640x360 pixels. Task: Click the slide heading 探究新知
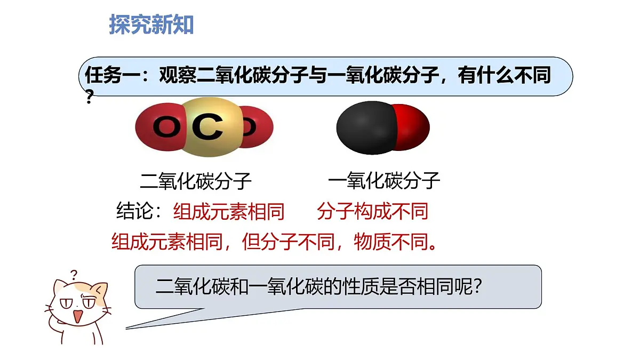(x=151, y=25)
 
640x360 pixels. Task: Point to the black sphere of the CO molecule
(x=363, y=127)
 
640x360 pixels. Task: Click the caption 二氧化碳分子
(x=195, y=181)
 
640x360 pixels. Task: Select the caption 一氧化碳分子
(x=384, y=181)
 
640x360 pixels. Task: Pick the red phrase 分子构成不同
(x=372, y=212)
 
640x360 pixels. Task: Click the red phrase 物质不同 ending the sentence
(x=395, y=243)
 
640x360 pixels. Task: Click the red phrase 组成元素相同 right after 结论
(x=229, y=212)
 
